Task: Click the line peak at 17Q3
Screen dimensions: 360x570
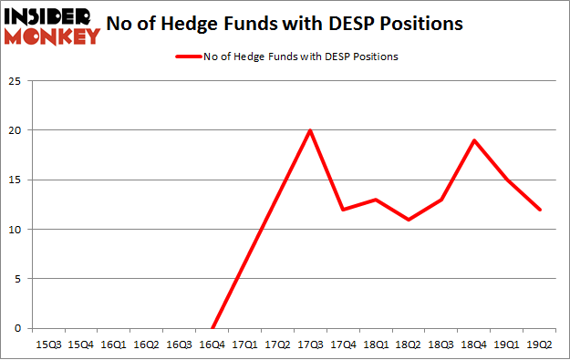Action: (310, 130)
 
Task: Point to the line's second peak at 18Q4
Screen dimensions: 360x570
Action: (474, 140)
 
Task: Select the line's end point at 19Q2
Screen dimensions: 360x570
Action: (540, 210)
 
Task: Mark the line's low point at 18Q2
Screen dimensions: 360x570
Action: (409, 220)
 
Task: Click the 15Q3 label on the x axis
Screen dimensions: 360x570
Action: (48, 345)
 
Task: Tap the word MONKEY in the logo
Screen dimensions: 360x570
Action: (53, 36)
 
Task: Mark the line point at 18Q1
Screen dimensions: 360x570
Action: (376, 200)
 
